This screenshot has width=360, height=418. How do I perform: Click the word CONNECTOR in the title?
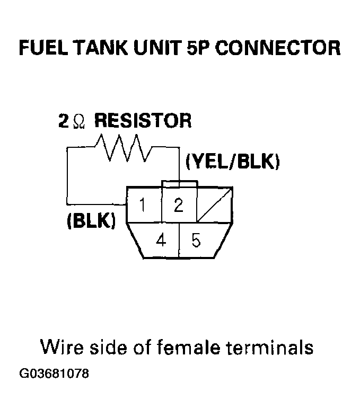pyautogui.click(x=279, y=48)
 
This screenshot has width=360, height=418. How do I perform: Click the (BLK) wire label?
pyautogui.click(x=91, y=220)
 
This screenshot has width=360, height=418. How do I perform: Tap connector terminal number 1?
pyautogui.click(x=143, y=205)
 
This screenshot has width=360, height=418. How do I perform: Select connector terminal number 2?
pyautogui.click(x=179, y=205)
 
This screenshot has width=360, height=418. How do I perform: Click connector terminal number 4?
pyautogui.click(x=161, y=241)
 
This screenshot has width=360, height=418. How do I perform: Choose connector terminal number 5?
pyautogui.click(x=196, y=241)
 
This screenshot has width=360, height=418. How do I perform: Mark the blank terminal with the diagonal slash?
pyautogui.click(x=214, y=204)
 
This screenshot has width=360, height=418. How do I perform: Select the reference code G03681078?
pyautogui.click(x=54, y=374)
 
